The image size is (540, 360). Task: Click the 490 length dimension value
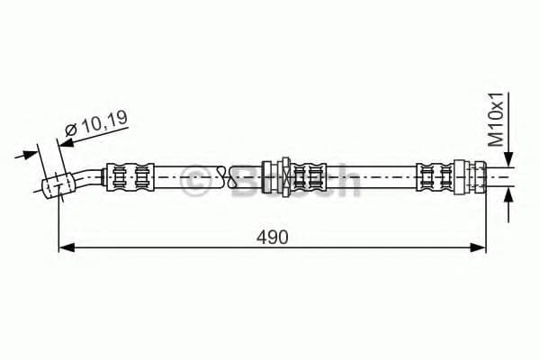tap(272, 238)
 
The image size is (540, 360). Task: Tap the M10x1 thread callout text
tap(496, 119)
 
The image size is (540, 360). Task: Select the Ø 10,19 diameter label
tap(97, 123)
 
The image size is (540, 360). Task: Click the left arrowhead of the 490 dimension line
tap(67, 247)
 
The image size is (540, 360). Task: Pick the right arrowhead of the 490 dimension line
tap(478, 247)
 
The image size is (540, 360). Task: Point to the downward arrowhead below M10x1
tap(508, 158)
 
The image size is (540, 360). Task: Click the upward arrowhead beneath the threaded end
tap(508, 196)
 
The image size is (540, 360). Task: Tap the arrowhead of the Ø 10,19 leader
tap(66, 142)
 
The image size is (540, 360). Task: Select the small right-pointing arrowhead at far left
tap(30, 154)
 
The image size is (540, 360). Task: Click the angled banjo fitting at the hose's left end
tap(58, 185)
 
